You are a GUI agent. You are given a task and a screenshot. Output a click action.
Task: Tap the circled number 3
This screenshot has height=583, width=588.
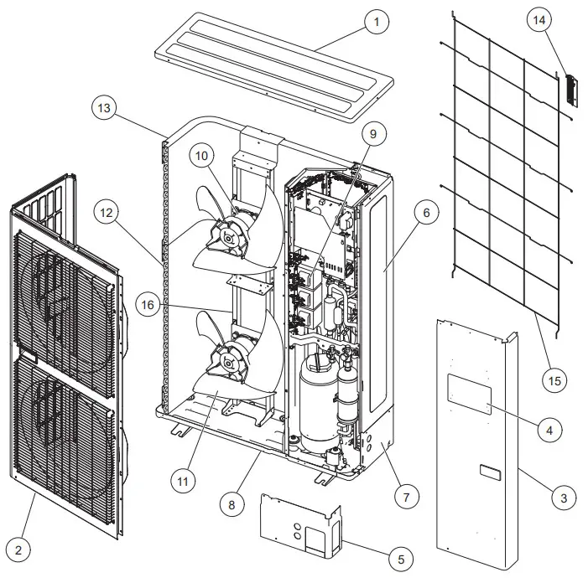(564, 498)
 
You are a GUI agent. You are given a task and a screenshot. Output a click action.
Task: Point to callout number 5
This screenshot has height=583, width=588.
(401, 558)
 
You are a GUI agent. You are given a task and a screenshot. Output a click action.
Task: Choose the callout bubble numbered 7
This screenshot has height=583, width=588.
(405, 497)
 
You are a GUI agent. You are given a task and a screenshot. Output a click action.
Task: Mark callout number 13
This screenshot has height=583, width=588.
(104, 108)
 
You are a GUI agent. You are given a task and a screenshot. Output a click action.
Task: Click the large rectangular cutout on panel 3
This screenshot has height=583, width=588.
(469, 394)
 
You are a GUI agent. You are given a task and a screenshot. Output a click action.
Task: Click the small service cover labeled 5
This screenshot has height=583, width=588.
(302, 524)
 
